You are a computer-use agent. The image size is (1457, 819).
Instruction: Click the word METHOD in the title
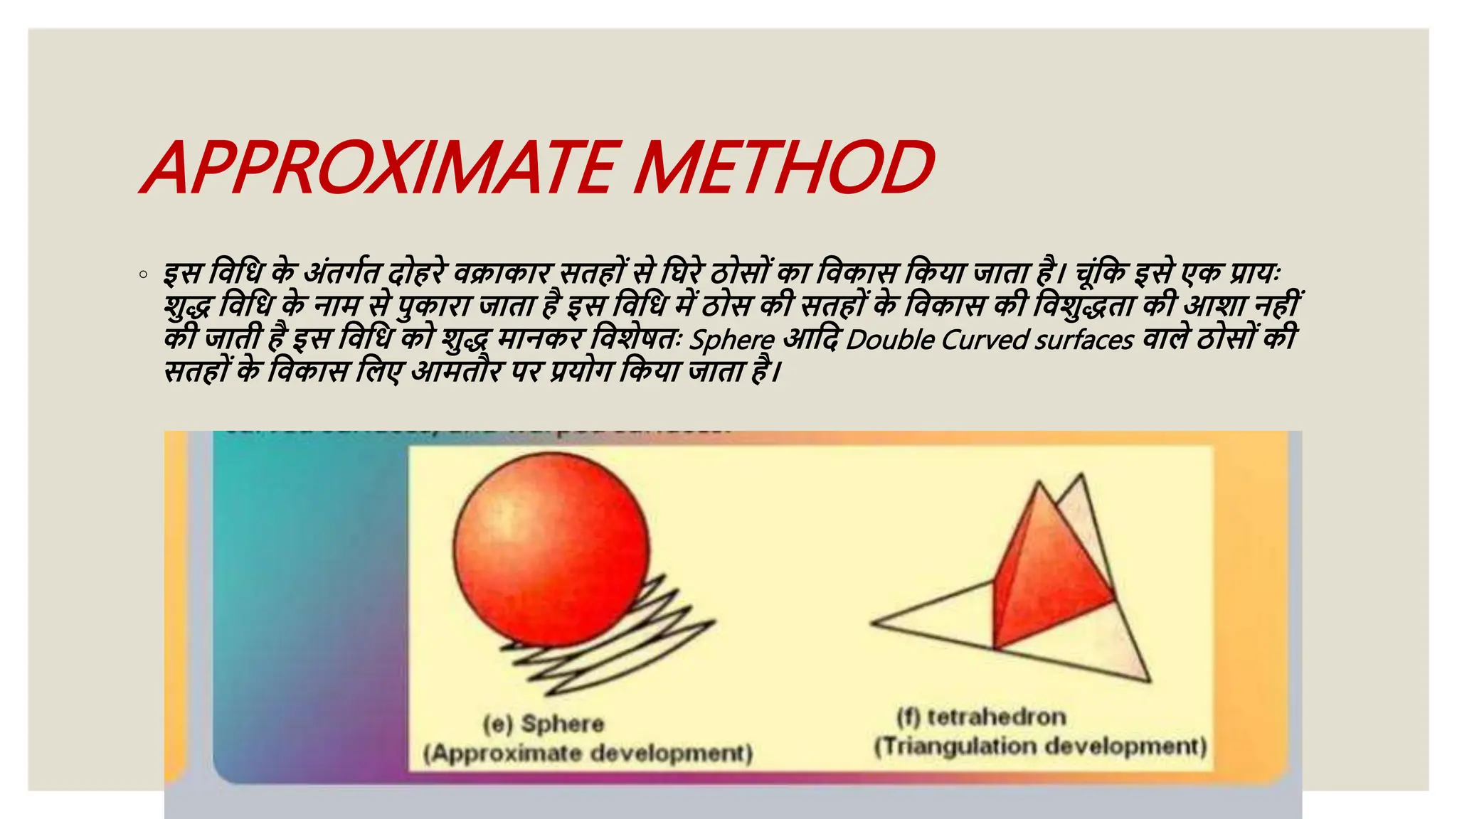pos(783,168)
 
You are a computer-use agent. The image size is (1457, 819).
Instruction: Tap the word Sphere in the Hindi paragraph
pos(732,339)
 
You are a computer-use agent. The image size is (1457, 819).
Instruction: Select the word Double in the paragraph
pos(889,339)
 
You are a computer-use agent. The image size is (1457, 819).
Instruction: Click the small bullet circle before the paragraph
pos(144,274)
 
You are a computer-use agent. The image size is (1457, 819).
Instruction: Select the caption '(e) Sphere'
pos(544,724)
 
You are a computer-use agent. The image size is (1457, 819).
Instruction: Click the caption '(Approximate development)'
pos(588,753)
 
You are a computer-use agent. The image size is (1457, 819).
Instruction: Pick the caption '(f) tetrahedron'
pos(981,717)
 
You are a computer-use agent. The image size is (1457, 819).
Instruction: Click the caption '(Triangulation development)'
pos(1040,746)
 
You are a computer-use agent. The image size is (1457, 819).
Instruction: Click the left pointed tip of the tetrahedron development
pos(874,623)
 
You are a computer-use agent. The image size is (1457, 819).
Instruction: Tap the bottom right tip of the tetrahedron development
pos(1148,680)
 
